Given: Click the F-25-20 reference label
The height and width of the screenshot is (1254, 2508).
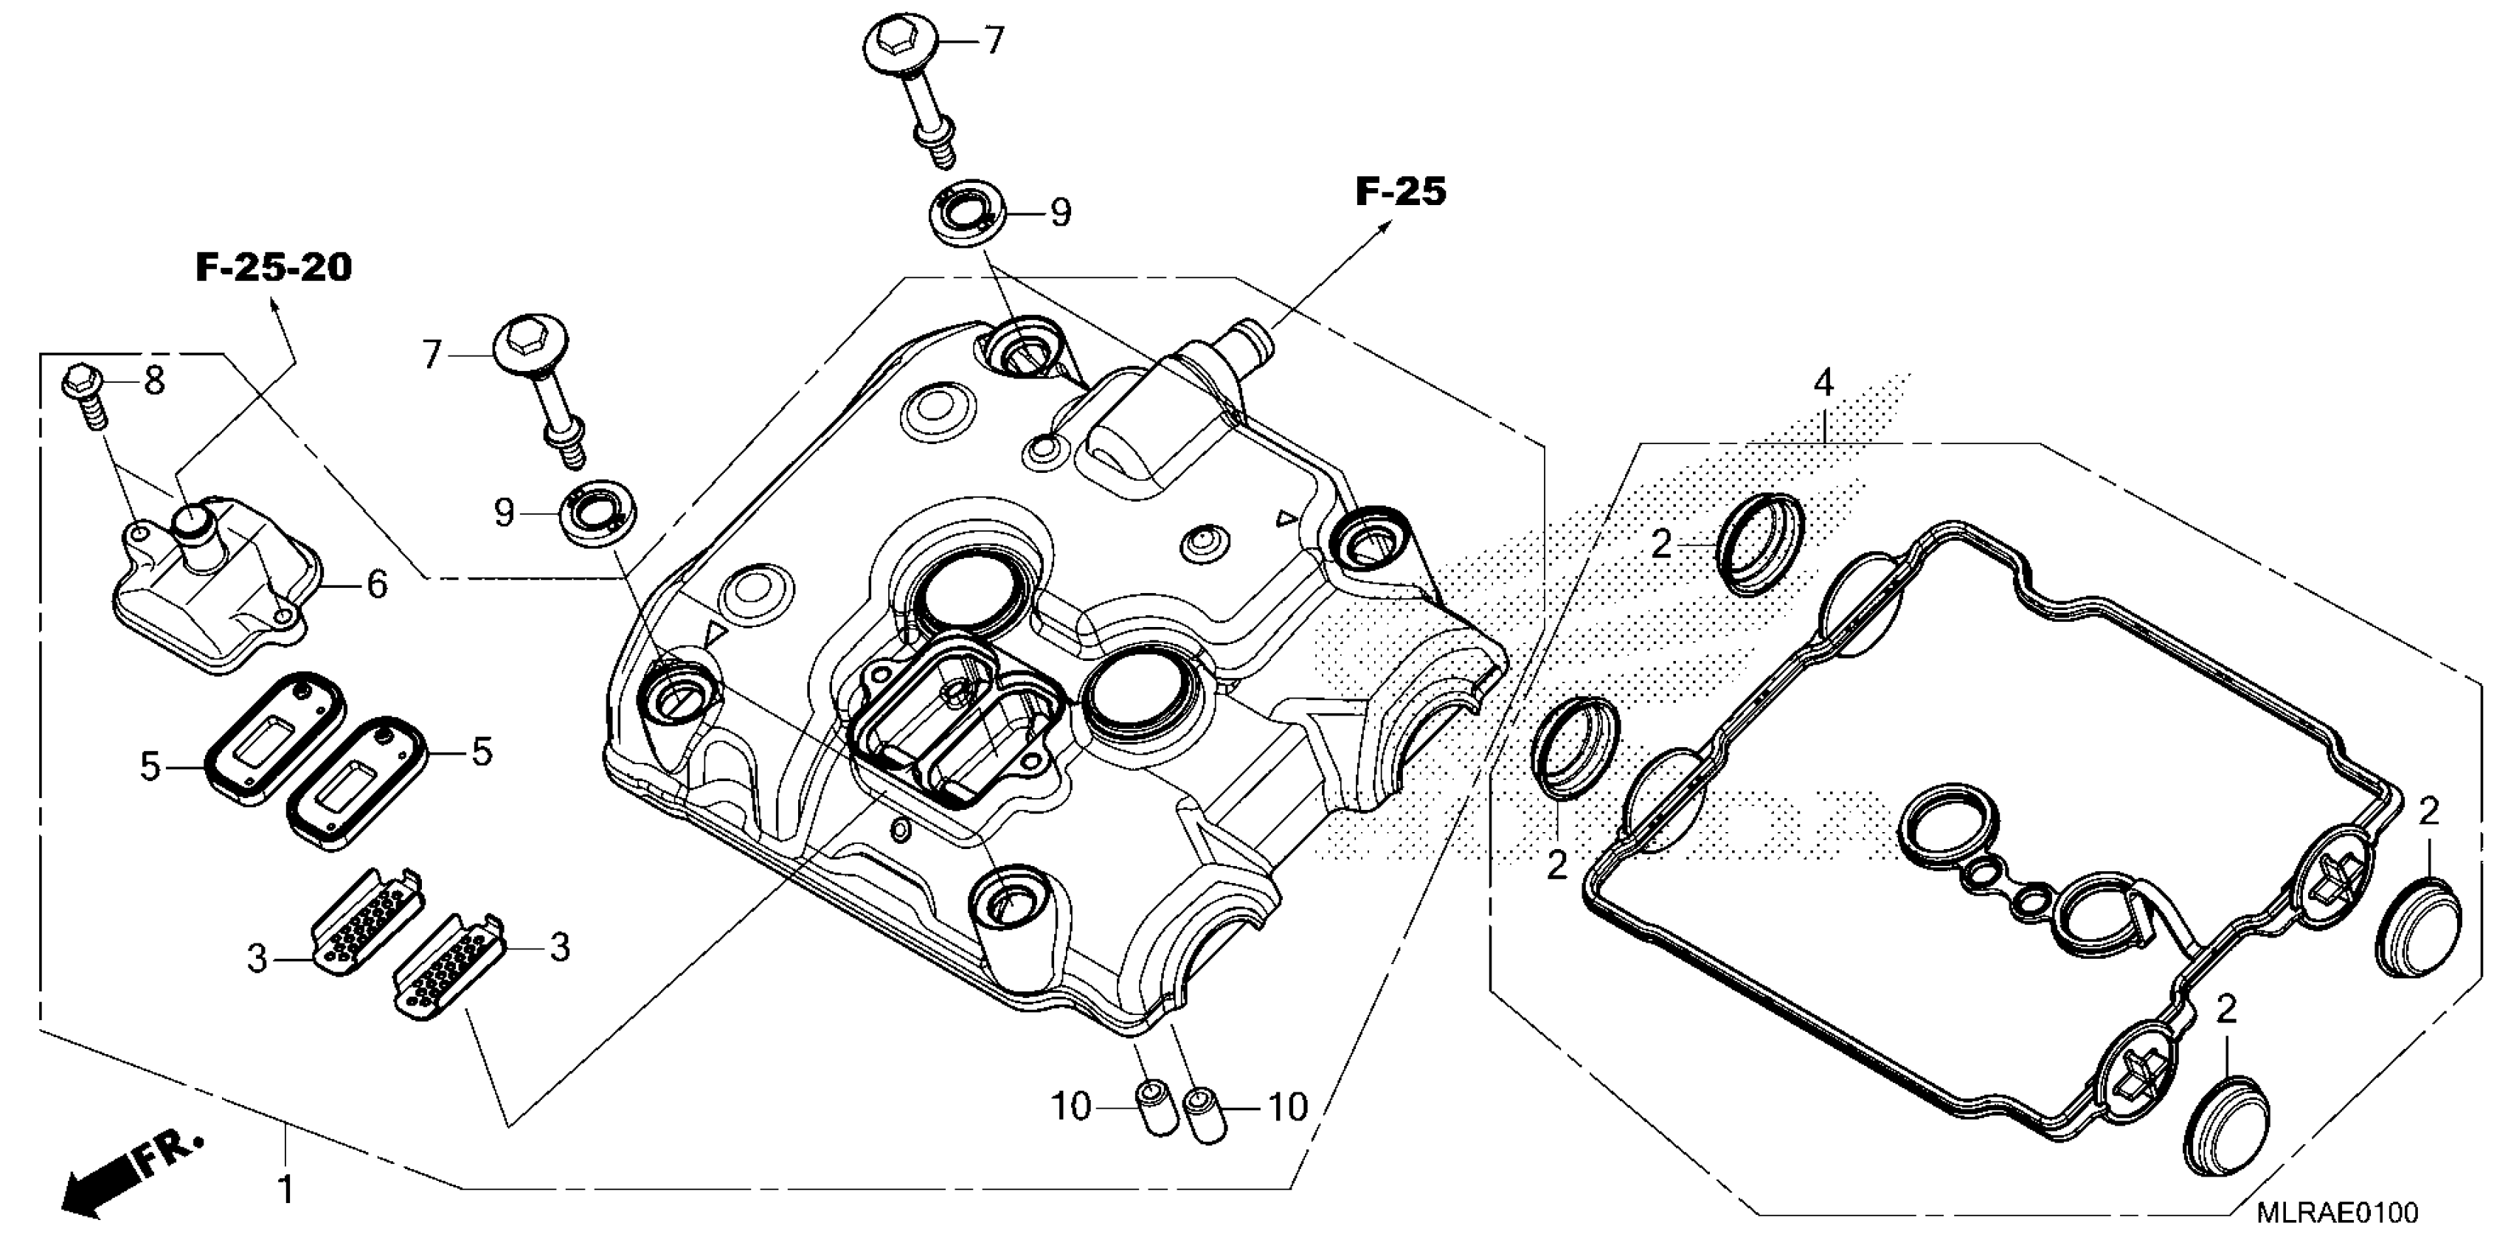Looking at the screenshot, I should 274,268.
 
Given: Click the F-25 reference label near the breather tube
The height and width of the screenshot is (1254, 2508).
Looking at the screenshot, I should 1400,193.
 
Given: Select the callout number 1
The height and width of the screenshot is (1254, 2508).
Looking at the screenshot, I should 285,1190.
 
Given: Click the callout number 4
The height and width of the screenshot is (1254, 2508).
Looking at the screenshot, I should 1823,383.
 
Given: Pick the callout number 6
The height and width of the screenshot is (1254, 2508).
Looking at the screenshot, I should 375,584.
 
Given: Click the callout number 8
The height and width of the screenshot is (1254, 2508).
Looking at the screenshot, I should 154,381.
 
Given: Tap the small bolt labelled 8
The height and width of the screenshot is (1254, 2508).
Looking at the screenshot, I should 86,395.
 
